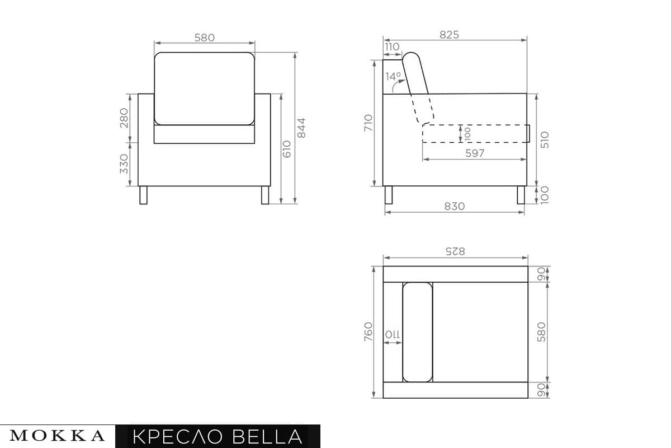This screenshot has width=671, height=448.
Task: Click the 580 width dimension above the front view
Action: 204,38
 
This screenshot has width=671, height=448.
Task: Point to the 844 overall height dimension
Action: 302,129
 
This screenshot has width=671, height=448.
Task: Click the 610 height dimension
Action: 287,149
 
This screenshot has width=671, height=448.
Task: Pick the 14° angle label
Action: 393,76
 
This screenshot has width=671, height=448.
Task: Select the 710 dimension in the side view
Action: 368,123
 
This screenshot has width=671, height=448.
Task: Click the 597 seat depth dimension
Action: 475,153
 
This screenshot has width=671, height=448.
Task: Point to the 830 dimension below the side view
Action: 455,206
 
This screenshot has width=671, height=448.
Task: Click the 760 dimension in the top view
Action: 368,332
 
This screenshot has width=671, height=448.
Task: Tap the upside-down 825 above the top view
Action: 455,251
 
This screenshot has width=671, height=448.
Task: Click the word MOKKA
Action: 58,436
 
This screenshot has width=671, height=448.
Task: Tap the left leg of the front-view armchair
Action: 143,195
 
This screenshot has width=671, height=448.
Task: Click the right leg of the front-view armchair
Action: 265,195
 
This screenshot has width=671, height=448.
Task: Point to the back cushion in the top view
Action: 418,332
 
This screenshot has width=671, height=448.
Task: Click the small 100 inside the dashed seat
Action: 467,133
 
